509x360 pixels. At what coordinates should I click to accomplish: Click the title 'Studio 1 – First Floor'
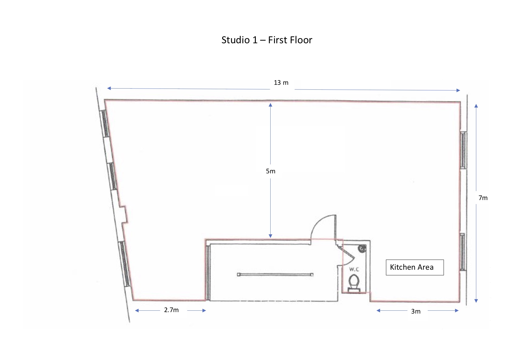coord(267,40)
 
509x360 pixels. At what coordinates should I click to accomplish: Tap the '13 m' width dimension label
coord(281,83)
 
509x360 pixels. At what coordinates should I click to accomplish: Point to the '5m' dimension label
coord(270,171)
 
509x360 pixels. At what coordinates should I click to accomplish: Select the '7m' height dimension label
coord(483,198)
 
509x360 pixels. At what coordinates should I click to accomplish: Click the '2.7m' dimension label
coord(171,310)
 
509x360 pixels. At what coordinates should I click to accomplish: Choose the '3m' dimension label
coord(416,312)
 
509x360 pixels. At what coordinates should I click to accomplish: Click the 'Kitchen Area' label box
coord(414,267)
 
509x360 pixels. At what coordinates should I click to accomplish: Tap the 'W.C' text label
coord(354,269)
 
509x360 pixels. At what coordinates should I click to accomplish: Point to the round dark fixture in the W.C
coord(361,249)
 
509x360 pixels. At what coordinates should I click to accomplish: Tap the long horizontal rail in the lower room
coord(275,274)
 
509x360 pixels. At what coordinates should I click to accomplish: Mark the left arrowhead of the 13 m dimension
coord(109,88)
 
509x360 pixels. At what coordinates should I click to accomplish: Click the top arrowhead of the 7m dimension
coord(476,106)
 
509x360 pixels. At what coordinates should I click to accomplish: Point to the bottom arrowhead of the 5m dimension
coord(270,236)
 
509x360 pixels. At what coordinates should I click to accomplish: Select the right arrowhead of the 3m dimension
coord(457,311)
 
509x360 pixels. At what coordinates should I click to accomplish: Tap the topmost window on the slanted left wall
coord(105,123)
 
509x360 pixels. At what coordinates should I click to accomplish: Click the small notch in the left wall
coord(124,215)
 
